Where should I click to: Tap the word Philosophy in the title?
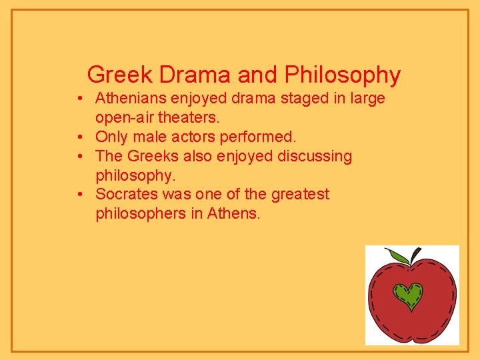(343, 75)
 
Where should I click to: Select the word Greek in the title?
(117, 75)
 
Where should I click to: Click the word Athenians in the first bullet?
(131, 99)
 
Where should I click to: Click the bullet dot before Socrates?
(79, 195)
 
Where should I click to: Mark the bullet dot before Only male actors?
(79, 137)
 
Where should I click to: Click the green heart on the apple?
(408, 295)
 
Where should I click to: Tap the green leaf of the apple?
(399, 256)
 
